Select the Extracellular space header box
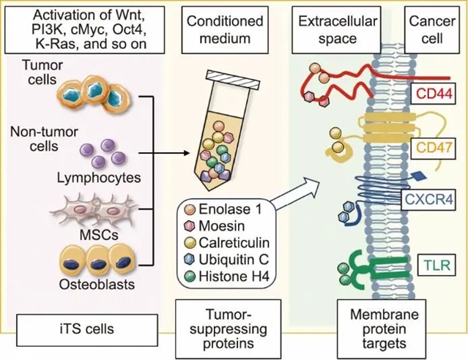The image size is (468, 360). [x=338, y=29]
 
